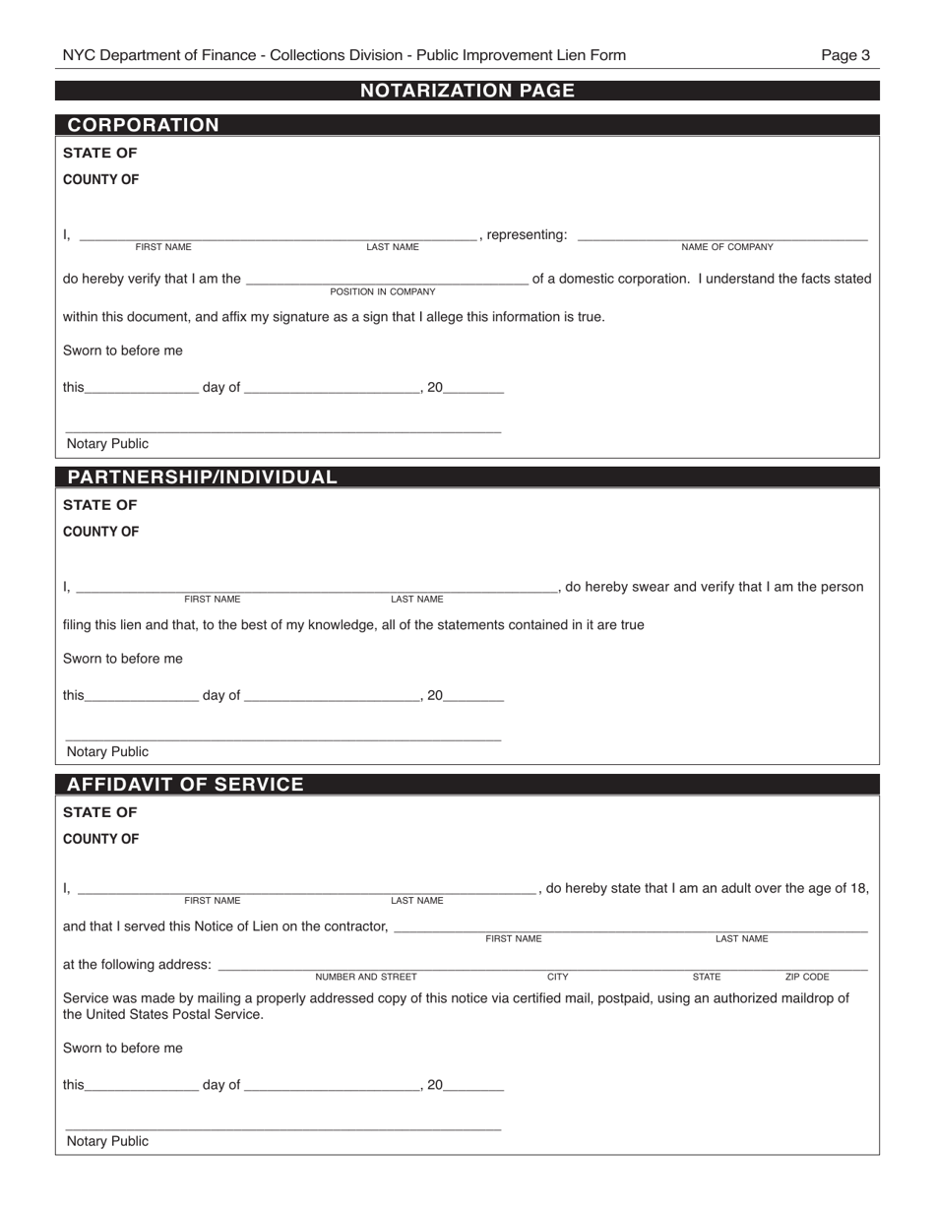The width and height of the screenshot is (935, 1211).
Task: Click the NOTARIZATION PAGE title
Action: (467, 91)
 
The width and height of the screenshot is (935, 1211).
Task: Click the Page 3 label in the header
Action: (845, 55)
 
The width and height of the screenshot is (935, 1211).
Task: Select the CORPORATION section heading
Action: (143, 125)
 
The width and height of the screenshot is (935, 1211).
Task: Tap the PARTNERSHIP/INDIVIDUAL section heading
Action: (202, 478)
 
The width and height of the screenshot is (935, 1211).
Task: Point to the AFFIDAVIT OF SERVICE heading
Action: (185, 785)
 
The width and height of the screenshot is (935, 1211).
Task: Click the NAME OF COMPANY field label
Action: (726, 247)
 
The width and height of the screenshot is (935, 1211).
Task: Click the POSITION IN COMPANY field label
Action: (382, 292)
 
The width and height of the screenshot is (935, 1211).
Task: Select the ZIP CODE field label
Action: (806, 978)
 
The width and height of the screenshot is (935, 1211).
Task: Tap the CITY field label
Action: (557, 978)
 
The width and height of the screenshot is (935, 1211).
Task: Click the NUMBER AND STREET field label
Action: (366, 978)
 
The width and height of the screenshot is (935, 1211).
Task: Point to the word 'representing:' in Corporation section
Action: (527, 234)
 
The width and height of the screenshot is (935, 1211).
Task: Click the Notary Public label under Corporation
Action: (107, 444)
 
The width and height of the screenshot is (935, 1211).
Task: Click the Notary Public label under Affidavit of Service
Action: (107, 1141)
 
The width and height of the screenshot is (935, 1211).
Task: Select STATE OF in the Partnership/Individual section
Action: (99, 505)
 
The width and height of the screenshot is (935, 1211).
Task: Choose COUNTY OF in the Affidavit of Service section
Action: (100, 839)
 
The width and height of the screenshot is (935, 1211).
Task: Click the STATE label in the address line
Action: (706, 978)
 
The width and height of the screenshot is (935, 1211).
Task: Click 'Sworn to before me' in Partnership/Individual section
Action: (122, 658)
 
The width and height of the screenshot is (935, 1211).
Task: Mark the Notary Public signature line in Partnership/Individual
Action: (282, 739)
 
